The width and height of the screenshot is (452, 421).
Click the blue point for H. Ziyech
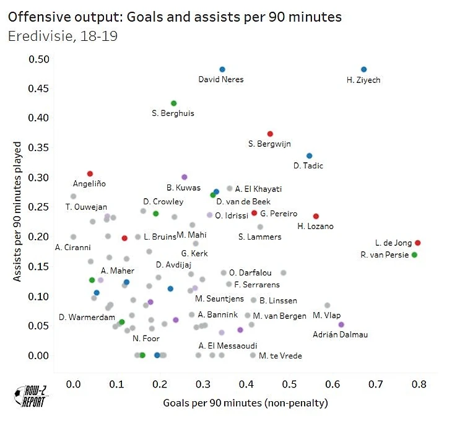[x=363, y=69]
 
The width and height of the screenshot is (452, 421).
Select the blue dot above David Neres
[x=222, y=69]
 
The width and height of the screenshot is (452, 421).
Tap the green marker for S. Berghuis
[x=173, y=103]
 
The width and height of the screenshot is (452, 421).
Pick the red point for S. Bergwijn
[x=270, y=134]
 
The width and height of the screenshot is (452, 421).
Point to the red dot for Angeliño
[x=90, y=174]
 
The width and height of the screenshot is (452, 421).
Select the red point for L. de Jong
[x=418, y=243]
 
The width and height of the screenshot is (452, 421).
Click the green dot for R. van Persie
[x=414, y=254]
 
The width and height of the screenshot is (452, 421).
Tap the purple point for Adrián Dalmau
[x=341, y=324]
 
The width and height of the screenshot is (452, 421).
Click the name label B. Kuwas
[x=183, y=187]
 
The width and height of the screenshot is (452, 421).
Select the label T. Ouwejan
[x=86, y=207]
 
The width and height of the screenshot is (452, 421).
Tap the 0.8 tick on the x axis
[x=419, y=384]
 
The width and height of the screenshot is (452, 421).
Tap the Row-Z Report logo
[x=31, y=397]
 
